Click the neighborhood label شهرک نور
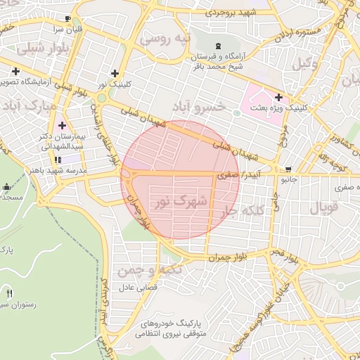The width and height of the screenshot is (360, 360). point(181,201)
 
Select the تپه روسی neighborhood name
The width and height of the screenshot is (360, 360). point(165,39)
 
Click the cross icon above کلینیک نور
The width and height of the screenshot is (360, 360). point(115,73)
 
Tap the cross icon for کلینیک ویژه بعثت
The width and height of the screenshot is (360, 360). point(279,97)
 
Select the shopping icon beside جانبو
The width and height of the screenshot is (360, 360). point(288,169)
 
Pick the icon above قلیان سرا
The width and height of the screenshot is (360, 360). point(67,19)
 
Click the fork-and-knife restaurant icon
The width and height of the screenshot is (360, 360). point(9,292)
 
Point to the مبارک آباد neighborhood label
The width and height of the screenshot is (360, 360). point(29,105)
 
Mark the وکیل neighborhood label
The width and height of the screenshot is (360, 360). point(302,65)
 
